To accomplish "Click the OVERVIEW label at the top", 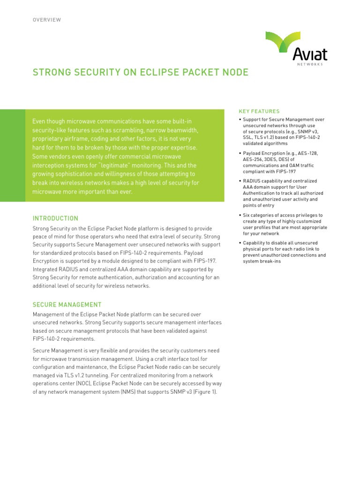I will click(46, 20).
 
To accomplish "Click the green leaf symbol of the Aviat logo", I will click(283, 41).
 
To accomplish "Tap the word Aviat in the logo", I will click(310, 55).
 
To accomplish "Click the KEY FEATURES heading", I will click(259, 112).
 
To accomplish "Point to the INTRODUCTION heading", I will click(55, 218).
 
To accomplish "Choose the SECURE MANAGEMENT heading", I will click(67, 305).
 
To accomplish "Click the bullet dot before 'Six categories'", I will click(240, 215).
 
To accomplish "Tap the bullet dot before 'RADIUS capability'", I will click(240, 181).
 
